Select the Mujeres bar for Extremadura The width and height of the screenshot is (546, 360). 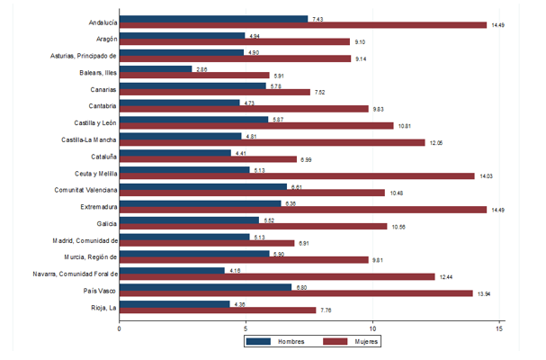click(303, 210)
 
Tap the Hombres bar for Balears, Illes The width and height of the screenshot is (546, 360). click(156, 68)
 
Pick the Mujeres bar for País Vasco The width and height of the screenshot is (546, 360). click(296, 293)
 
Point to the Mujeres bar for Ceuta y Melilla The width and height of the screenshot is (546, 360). click(297, 176)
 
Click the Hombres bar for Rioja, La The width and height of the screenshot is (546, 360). click(175, 304)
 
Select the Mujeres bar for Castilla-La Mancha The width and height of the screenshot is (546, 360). click(273, 142)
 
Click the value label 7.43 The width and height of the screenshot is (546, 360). click(318, 18)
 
